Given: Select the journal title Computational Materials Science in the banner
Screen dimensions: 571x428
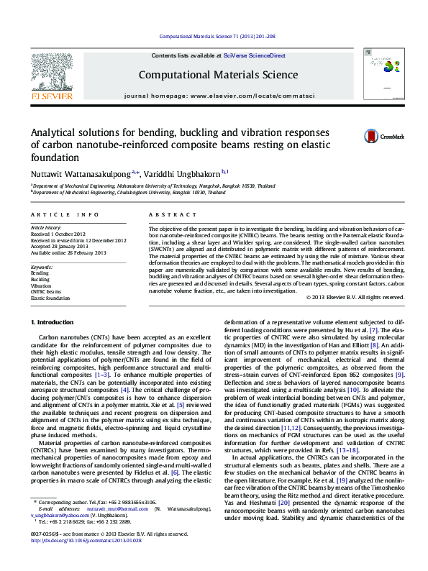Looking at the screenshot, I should click(214, 74).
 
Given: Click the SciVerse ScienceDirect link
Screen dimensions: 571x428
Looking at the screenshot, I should click(254, 55).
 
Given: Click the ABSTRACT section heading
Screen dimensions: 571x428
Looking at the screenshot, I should click(167, 214).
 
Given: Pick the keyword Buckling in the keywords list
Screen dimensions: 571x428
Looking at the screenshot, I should click(40, 279).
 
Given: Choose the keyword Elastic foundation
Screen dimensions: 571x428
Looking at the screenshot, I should click(51, 297).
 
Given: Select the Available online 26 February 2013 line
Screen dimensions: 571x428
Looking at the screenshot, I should click(68, 251).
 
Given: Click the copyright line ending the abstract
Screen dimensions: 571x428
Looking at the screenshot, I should click(355, 297).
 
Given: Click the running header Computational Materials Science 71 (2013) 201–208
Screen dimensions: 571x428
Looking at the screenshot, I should click(214, 35).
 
